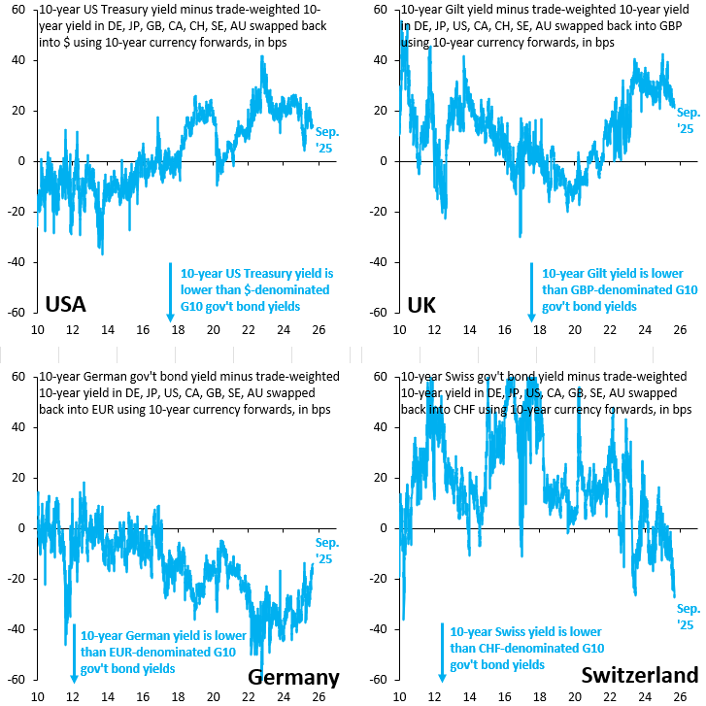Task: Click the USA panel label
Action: pos(66,305)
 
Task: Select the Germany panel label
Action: pos(294,677)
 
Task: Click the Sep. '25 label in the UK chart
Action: pos(687,120)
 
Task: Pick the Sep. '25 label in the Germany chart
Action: pos(328,551)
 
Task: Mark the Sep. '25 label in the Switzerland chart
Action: pos(686,617)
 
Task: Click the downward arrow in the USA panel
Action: pos(170,291)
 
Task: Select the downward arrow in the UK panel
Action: pos(531,291)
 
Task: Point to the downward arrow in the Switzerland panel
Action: pos(442,655)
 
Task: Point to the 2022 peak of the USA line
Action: pos(262,56)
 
